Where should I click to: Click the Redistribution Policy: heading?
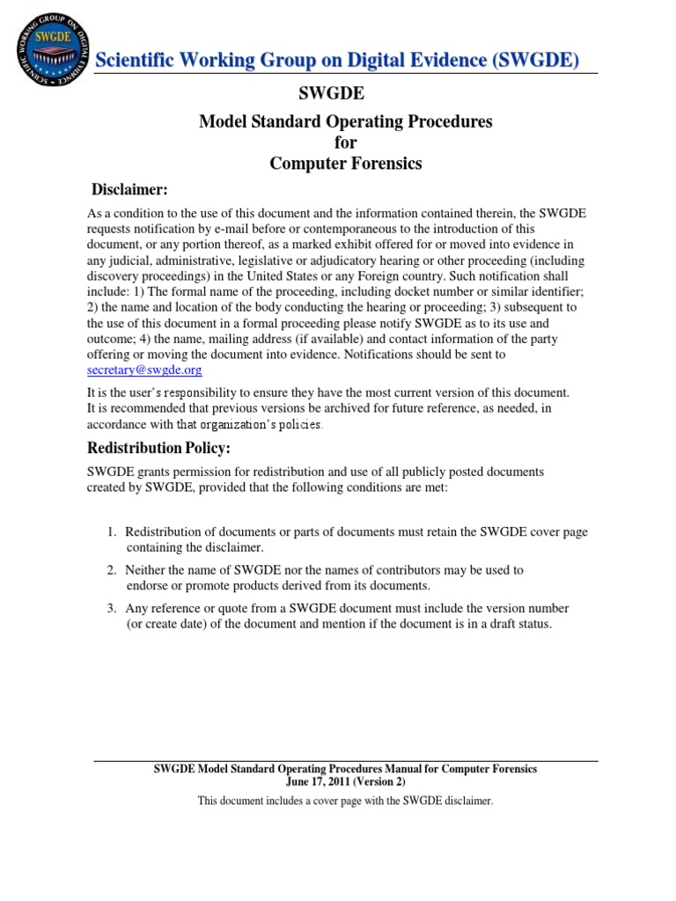click(x=158, y=448)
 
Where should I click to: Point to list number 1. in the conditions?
click(x=112, y=532)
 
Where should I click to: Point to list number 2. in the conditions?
click(x=112, y=570)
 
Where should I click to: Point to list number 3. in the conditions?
click(x=112, y=608)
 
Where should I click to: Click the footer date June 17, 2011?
click(x=320, y=780)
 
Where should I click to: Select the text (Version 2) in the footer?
click(x=380, y=780)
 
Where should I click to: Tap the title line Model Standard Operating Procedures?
click(x=345, y=121)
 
